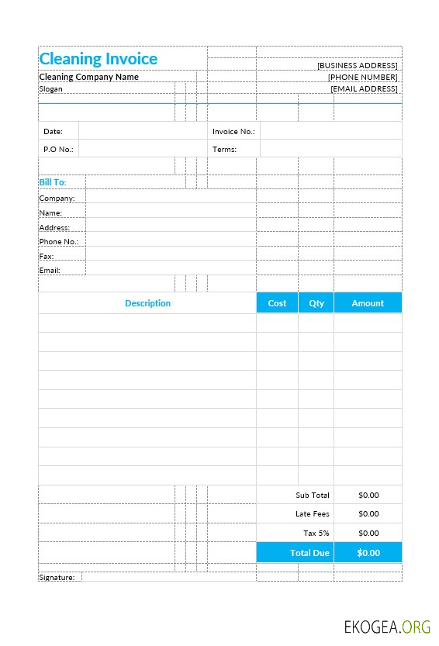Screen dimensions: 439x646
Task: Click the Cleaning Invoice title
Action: (98, 59)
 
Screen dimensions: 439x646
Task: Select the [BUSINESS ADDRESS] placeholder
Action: (358, 66)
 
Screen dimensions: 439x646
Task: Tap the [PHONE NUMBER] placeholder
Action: (362, 78)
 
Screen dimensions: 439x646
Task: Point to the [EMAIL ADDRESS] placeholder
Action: (364, 89)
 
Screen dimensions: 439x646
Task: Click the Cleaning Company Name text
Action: (88, 77)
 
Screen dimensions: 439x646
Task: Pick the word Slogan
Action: (50, 89)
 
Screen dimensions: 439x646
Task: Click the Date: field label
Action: (53, 132)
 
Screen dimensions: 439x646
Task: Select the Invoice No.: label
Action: (233, 132)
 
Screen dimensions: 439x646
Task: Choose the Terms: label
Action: (224, 149)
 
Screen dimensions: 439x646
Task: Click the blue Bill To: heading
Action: (53, 182)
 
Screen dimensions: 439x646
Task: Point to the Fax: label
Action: (47, 256)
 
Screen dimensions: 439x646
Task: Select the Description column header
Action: (147, 303)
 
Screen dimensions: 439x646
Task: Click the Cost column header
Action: (277, 303)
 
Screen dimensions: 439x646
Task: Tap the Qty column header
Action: (316, 303)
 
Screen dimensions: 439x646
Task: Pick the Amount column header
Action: (368, 303)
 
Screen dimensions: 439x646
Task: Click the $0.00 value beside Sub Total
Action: (368, 495)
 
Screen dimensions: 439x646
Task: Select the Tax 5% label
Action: (316, 533)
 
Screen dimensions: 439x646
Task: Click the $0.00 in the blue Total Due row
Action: (368, 553)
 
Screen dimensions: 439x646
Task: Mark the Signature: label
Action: (57, 577)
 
